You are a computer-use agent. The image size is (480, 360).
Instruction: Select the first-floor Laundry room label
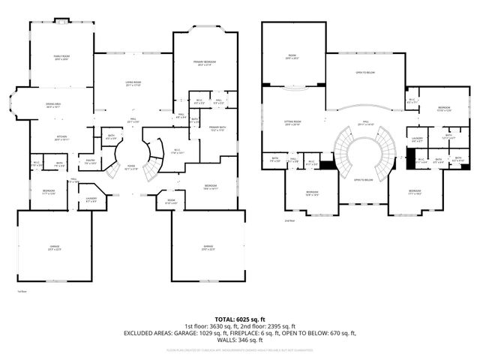pos(91,199)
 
